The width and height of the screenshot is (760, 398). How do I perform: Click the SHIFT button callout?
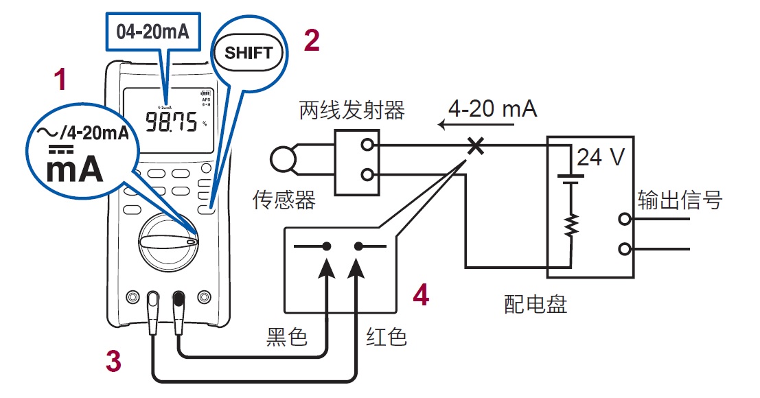tap(248, 53)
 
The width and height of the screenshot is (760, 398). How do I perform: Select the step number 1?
tap(61, 81)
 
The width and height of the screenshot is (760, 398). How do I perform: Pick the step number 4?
tap(421, 295)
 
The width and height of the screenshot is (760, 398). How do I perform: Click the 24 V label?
tap(601, 158)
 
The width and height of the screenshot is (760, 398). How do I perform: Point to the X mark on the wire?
tap(474, 145)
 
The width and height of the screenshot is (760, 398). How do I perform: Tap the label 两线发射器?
tap(352, 109)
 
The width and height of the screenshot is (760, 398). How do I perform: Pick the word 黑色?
tap(286, 336)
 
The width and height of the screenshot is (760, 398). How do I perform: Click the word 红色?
tap(387, 336)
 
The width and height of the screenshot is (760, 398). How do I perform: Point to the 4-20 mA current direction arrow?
tap(477, 126)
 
